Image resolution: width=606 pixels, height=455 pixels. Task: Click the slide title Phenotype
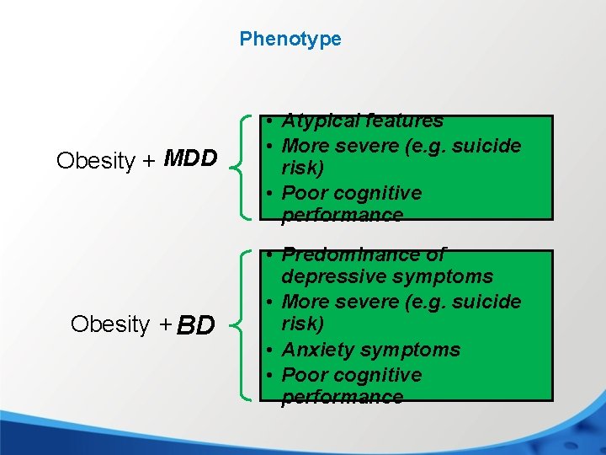pyautogui.click(x=290, y=39)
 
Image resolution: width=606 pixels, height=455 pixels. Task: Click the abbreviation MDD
pyautogui.click(x=191, y=158)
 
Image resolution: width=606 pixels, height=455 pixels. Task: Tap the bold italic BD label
pyautogui.click(x=196, y=324)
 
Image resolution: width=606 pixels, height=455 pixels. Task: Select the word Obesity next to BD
pyautogui.click(x=110, y=324)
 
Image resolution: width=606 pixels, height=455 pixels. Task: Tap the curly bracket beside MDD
pyautogui.click(x=245, y=167)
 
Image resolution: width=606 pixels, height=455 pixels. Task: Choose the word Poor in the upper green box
pyautogui.click(x=303, y=193)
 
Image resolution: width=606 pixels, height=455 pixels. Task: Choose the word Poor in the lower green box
pyautogui.click(x=303, y=375)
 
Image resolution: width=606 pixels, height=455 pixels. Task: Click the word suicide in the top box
pyautogui.click(x=484, y=146)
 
